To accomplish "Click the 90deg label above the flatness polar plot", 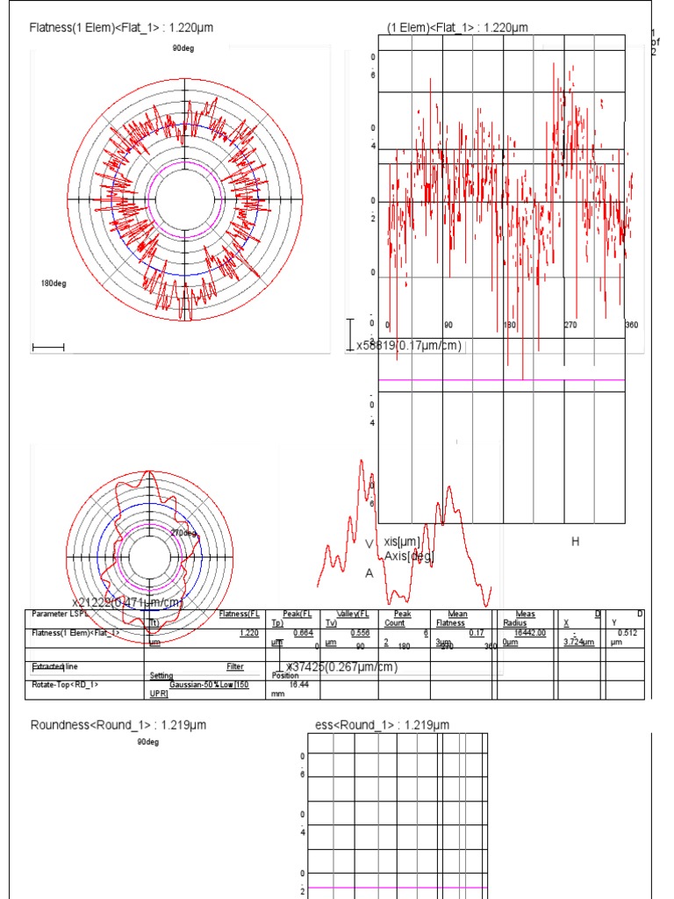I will coord(183,48).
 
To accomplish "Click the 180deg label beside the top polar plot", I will coord(54,284).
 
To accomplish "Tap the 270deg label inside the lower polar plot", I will coord(183,533).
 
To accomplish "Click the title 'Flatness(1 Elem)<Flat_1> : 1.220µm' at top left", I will coord(121,28).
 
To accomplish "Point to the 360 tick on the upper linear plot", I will coord(631,326).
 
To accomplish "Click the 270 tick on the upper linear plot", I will coord(570,326).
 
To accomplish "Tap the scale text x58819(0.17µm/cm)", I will coord(408,346).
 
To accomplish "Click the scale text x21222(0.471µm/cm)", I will coord(127,602).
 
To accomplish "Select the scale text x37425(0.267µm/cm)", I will coord(342,667).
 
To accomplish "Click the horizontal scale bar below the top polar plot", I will coord(48,349).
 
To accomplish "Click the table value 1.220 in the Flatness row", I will coord(249,632).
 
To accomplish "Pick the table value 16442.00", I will coord(530,632).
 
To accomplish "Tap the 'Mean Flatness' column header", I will coord(457,618).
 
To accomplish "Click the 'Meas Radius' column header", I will coord(525,618).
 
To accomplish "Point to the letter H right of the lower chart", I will coord(576,542).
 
